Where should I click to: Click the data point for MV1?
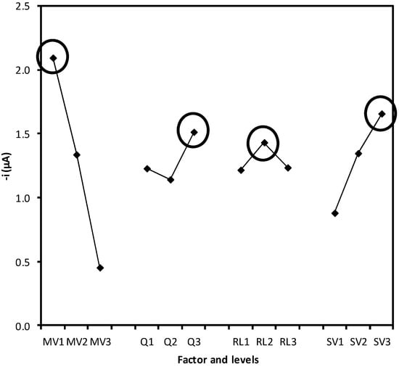tap(53, 58)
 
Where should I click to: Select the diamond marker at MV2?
tap(76, 154)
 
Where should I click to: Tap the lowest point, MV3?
tap(100, 268)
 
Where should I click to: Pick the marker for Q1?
tap(147, 168)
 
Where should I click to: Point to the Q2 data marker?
tap(170, 180)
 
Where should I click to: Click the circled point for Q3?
tap(194, 132)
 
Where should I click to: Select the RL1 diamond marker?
tap(241, 170)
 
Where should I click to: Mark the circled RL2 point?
tap(264, 143)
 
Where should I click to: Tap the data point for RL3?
tap(288, 168)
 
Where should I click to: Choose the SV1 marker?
tap(334, 213)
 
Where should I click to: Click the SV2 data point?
tap(358, 154)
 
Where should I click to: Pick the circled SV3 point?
tap(382, 114)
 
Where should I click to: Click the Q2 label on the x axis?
tap(170, 339)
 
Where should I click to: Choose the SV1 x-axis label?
tap(334, 339)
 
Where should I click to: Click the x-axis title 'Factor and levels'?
tap(217, 358)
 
